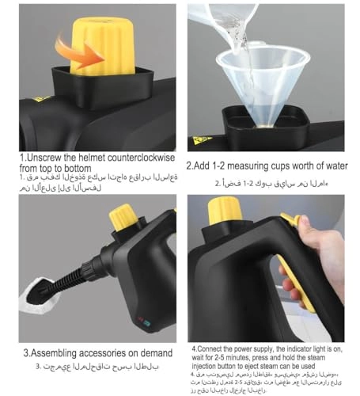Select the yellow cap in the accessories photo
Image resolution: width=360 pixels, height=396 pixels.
point(125,217)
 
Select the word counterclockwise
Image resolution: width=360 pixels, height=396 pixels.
point(135,158)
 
